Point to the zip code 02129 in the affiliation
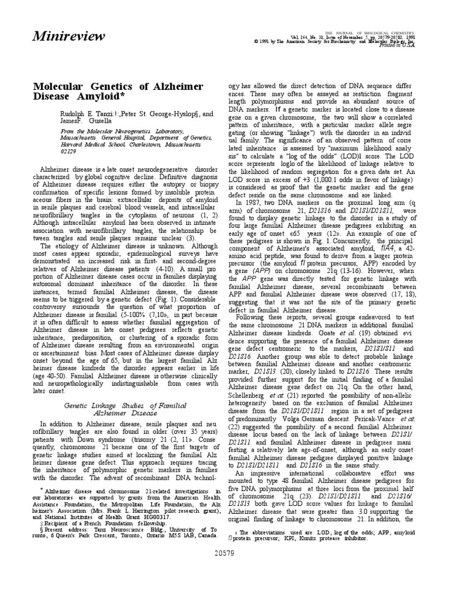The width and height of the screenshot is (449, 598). tap(69, 150)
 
